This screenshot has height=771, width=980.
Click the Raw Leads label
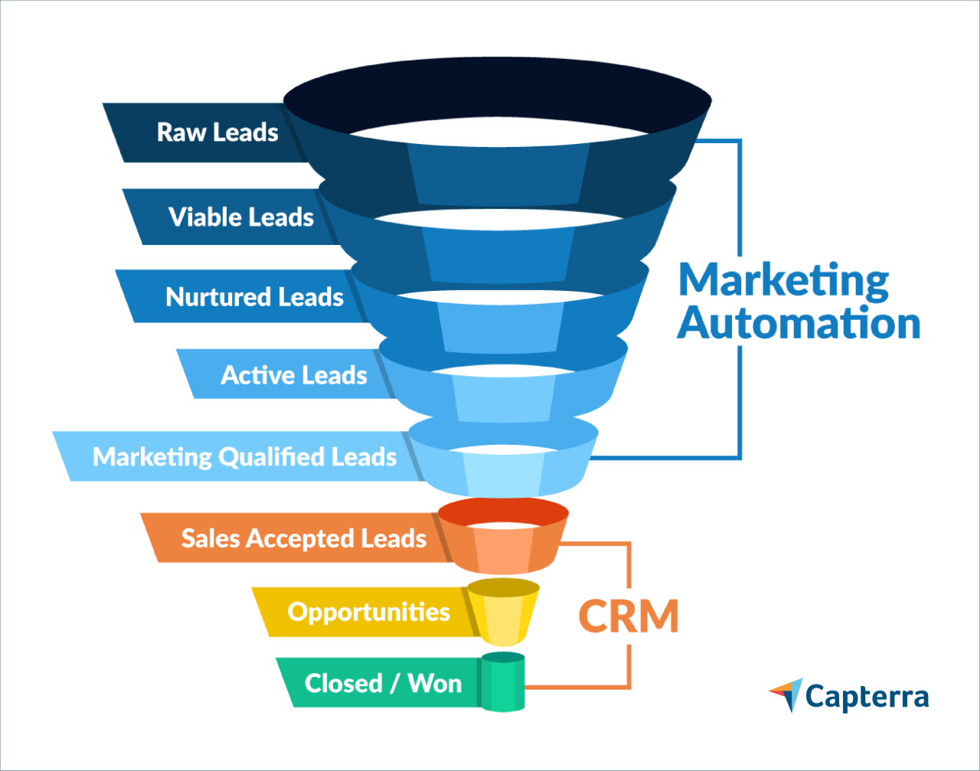coord(217,132)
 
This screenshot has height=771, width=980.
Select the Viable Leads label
coord(240,217)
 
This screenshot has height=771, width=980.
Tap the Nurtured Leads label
coord(254,297)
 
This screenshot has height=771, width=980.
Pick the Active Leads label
coord(294,375)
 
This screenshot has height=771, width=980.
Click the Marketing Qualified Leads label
coord(244,457)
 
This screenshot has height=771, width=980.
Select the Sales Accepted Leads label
coord(303,538)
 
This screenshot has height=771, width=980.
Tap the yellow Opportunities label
coord(368,612)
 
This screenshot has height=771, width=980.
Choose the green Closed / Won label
coord(383,683)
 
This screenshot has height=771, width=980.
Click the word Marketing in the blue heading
coord(783,281)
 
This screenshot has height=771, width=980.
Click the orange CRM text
coord(628,616)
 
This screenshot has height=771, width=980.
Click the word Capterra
coord(867,697)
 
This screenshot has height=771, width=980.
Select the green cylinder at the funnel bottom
coord(503,684)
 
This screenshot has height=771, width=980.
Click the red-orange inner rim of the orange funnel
coord(502,507)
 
